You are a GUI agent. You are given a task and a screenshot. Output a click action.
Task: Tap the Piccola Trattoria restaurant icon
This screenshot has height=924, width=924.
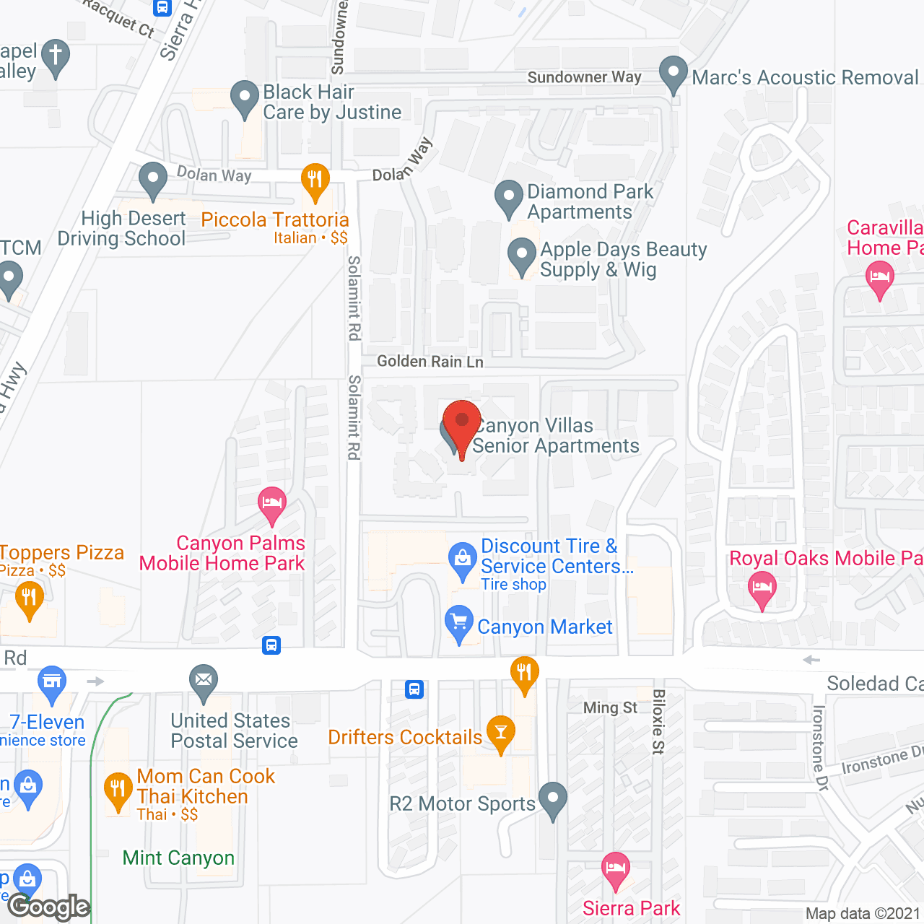click(x=315, y=180)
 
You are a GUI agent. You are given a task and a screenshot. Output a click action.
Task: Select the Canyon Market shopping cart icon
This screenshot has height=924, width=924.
click(x=459, y=623)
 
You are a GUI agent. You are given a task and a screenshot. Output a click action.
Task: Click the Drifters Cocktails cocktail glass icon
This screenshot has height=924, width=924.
click(x=501, y=732)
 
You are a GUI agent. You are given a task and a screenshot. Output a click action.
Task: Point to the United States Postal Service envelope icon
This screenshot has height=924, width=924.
click(x=204, y=681)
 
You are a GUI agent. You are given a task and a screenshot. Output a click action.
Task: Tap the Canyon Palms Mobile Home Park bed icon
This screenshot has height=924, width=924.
click(x=272, y=503)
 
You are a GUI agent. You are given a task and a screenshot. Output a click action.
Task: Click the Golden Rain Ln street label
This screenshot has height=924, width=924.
click(x=430, y=361)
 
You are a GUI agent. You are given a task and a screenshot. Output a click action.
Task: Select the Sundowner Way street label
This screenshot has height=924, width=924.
click(x=584, y=77)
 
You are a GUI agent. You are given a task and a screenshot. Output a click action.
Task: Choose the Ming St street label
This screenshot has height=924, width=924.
click(x=610, y=707)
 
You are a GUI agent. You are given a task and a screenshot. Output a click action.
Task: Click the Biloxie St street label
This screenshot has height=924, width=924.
click(x=658, y=721)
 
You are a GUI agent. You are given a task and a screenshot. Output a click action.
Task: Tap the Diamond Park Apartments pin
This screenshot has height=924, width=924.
click(x=509, y=197)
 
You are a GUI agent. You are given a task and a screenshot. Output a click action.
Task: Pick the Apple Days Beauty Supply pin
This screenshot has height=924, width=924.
click(x=521, y=256)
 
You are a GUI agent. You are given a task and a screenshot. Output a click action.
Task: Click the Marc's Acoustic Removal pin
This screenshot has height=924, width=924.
click(x=674, y=74)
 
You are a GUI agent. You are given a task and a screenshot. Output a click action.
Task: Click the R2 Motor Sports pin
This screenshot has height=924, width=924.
click(x=553, y=799)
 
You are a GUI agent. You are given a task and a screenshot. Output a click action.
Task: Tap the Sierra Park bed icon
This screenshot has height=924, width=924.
click(x=615, y=869)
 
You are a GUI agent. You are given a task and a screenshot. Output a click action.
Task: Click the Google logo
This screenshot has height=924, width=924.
click(x=49, y=907)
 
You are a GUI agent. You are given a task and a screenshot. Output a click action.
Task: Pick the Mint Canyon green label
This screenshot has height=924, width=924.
click(x=178, y=858)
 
